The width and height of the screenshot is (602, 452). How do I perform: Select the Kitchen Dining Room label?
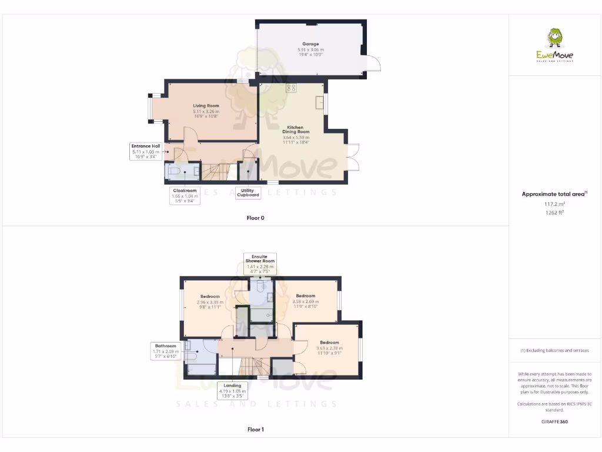295,132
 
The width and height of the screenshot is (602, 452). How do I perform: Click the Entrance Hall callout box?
146,151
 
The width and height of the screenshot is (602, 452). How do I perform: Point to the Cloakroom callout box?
185,195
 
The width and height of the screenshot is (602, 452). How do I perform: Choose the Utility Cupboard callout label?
248,192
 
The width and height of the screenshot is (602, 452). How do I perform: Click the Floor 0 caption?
255,218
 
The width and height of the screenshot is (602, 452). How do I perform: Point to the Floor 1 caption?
255,430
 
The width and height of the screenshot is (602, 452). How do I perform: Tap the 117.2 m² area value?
555,203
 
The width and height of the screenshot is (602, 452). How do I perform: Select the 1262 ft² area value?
555,212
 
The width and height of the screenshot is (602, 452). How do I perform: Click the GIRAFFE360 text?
555,421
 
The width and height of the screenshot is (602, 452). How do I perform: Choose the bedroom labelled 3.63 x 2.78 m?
329,348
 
